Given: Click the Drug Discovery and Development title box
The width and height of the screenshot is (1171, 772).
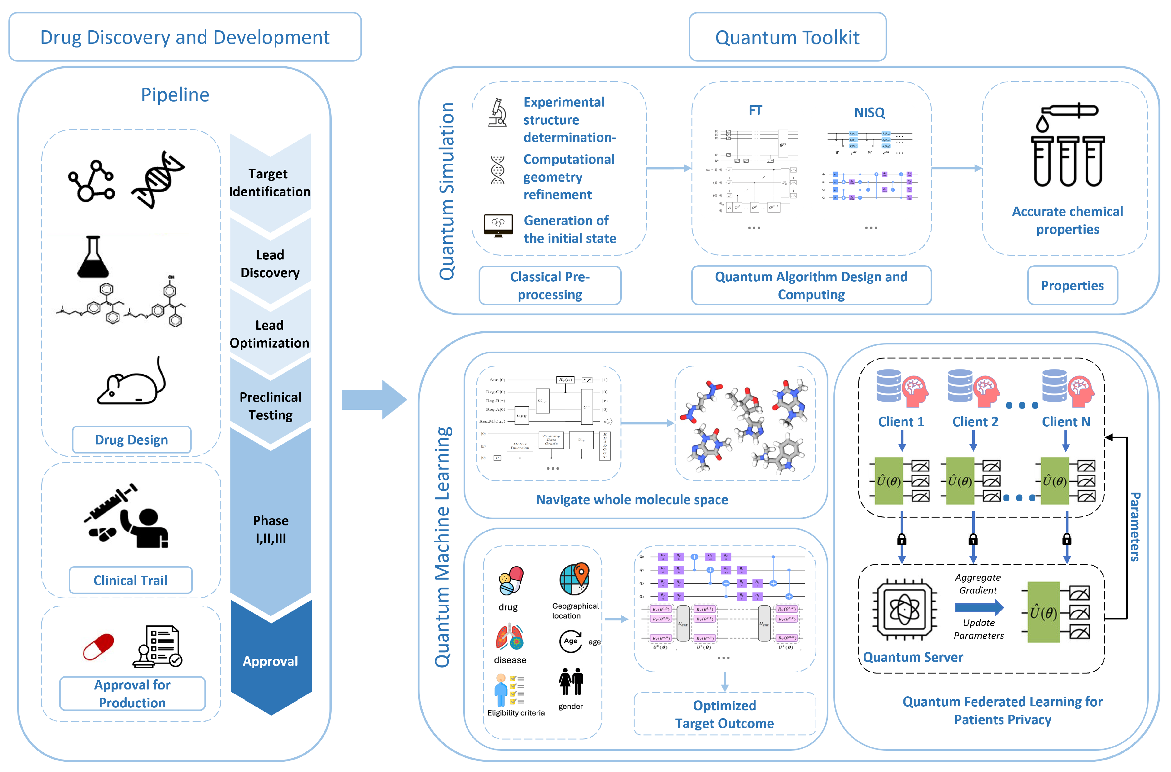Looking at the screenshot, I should click(x=185, y=37).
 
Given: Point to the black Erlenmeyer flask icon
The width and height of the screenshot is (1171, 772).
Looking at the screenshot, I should click(x=93, y=257).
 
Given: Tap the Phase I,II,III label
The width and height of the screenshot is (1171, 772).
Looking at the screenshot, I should click(x=270, y=529).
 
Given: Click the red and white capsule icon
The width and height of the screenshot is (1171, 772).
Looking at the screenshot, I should click(x=98, y=646).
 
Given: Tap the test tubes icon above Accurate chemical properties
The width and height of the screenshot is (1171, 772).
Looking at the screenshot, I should click(x=1068, y=148).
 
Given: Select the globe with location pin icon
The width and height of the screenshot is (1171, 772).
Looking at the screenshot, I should click(x=574, y=579).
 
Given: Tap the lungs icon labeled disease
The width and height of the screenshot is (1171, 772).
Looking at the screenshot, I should click(x=510, y=638).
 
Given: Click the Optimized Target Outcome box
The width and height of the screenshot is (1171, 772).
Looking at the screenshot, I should click(x=724, y=714).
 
